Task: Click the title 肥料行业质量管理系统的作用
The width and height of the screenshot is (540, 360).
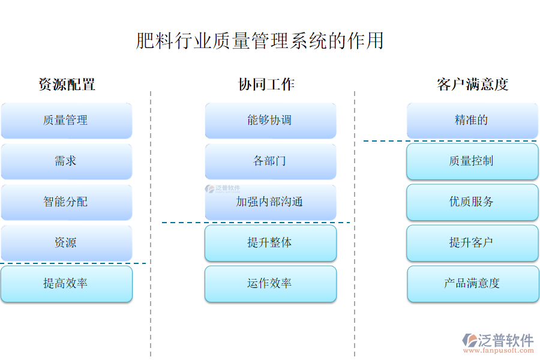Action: point(259,41)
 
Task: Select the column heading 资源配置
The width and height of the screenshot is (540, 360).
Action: point(67,85)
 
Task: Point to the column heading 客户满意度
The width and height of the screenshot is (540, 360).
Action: point(472,85)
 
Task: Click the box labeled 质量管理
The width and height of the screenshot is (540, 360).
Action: point(66,121)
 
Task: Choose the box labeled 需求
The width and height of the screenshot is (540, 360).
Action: point(66,161)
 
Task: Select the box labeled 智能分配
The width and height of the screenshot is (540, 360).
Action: point(66,202)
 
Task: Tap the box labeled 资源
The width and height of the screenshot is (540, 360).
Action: point(66,243)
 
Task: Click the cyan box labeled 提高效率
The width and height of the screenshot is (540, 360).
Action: point(66,284)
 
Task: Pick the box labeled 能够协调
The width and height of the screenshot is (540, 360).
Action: point(270,121)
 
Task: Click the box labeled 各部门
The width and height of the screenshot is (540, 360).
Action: point(270,161)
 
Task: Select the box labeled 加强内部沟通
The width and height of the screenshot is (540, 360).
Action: point(270,202)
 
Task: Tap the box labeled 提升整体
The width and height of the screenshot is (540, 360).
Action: point(270,243)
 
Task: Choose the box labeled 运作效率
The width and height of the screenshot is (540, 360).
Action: point(270,284)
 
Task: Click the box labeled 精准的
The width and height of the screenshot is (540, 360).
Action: point(472,121)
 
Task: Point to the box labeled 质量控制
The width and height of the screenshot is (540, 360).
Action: point(472,161)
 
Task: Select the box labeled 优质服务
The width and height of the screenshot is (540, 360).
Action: point(472,202)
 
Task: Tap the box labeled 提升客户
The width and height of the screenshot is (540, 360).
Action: point(472,243)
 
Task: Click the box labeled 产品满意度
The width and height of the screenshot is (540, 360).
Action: point(472,284)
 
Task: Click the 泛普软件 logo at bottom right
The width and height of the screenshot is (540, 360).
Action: point(497,341)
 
